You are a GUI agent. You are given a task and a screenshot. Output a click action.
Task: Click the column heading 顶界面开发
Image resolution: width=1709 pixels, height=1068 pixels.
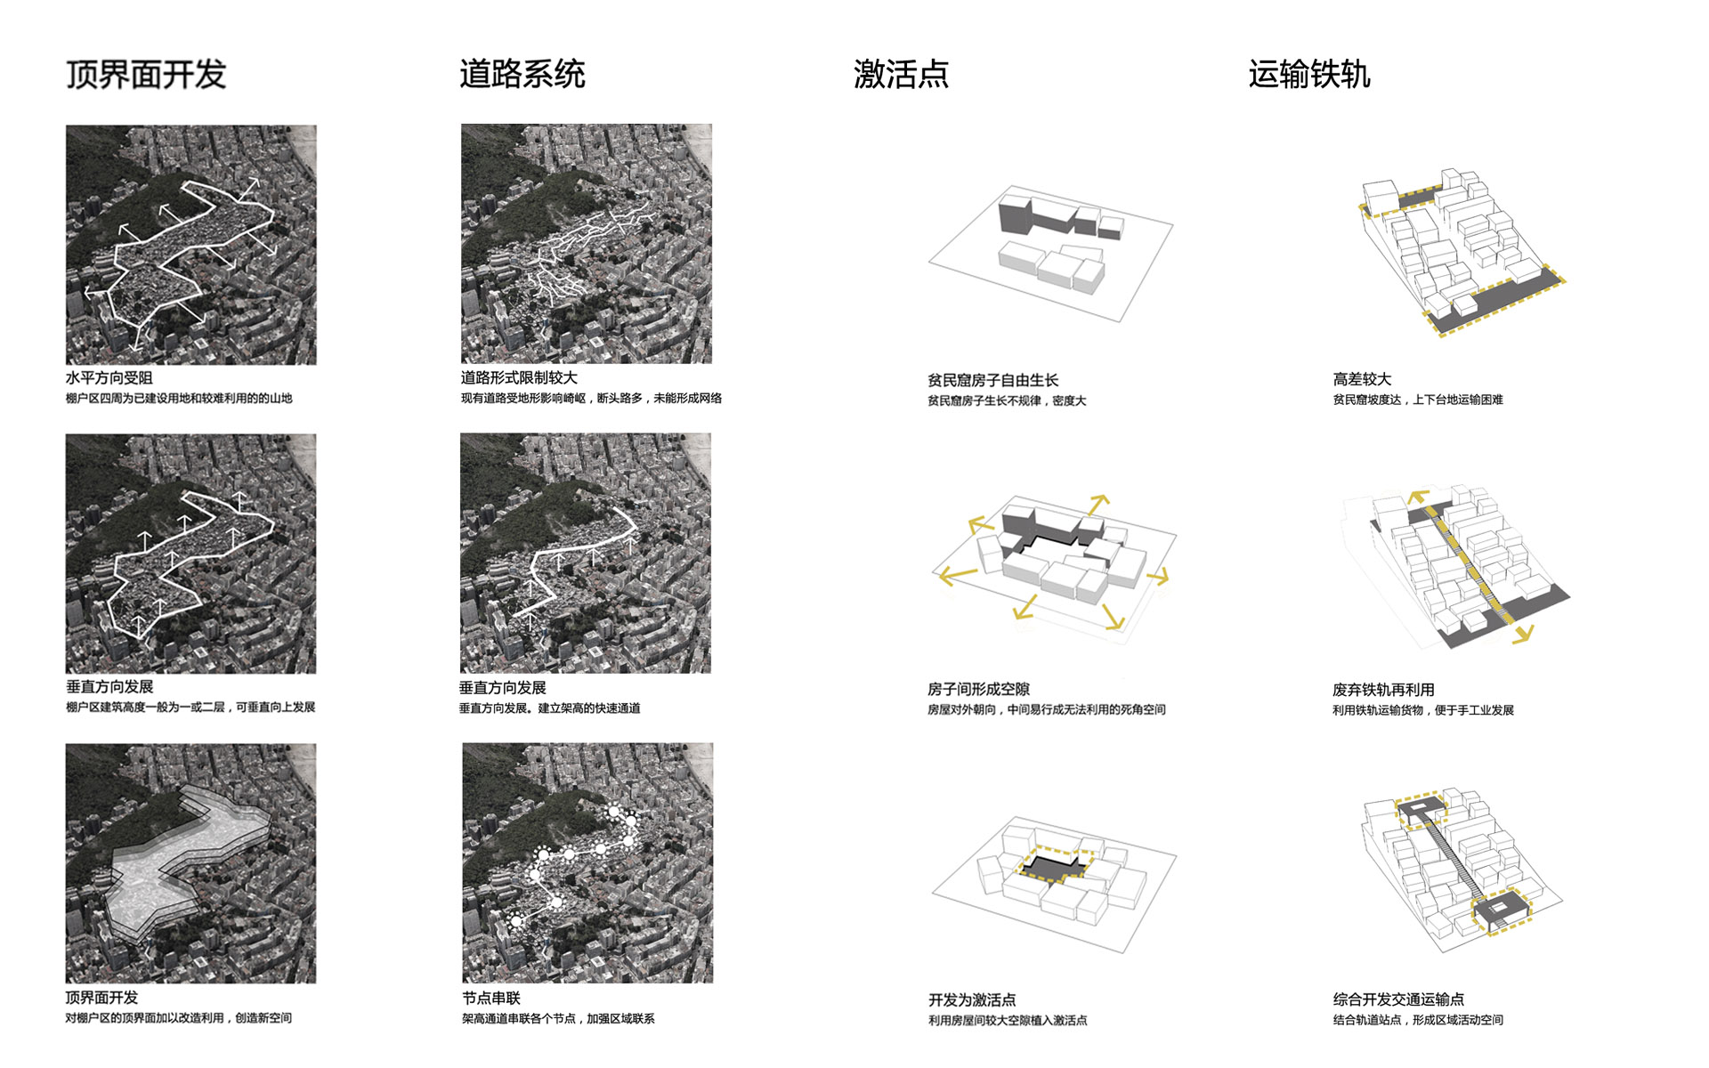coord(146,74)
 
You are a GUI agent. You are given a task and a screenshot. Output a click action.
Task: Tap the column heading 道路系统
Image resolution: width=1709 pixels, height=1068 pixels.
coord(522,74)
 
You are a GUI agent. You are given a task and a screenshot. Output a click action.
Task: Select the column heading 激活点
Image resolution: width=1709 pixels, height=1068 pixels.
coord(901,74)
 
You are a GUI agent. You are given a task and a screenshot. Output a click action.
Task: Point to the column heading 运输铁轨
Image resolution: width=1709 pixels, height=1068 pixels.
coord(1309,74)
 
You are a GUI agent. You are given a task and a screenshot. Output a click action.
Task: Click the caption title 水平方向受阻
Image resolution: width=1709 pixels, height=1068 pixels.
coord(109,378)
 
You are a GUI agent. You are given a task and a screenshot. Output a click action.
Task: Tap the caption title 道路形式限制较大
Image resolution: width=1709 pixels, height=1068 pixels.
coord(519,378)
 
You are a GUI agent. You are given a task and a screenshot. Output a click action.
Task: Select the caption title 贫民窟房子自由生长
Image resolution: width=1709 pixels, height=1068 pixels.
coord(993,381)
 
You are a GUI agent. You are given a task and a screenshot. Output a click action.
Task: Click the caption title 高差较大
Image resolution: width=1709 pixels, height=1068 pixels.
coord(1362,380)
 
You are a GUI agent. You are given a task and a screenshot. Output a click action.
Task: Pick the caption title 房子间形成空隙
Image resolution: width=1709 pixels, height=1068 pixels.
coord(978,690)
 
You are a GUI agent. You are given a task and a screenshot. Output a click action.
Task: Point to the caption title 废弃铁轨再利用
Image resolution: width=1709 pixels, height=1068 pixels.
coord(1383,691)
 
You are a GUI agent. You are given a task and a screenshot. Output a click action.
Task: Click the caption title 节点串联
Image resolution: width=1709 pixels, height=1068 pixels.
coord(491,999)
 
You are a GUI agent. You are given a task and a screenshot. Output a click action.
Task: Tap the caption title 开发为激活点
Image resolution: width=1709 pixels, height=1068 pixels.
coord(972,1000)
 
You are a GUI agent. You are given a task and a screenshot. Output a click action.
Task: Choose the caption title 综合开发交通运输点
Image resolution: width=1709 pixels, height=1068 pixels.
coord(1398,1000)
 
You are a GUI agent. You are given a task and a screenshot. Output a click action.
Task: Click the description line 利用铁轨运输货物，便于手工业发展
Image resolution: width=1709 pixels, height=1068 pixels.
coord(1423,710)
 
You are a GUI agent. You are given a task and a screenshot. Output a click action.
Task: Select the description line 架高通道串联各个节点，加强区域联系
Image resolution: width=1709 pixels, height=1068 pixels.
coord(558,1019)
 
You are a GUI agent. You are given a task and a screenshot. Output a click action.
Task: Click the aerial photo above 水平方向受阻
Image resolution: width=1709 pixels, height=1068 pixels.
coord(191,245)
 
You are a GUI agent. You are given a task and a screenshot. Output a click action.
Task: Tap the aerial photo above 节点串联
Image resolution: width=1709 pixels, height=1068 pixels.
coord(587,863)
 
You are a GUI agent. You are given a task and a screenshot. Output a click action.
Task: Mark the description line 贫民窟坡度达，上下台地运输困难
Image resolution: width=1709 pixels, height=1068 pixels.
coord(1418,400)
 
